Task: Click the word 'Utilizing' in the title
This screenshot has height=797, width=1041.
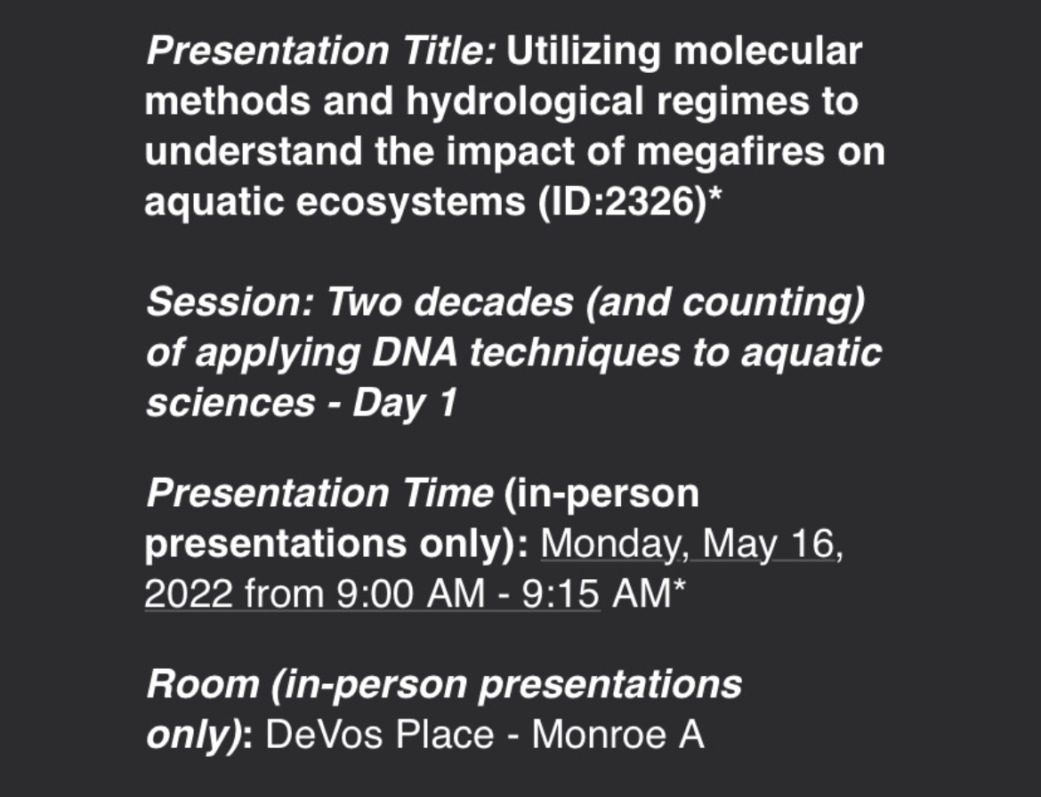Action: [x=584, y=52]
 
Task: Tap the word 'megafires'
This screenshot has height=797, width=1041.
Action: [x=729, y=152]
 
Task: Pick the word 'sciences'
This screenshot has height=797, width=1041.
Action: [x=230, y=404]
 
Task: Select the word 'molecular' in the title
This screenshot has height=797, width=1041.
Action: [x=768, y=52]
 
